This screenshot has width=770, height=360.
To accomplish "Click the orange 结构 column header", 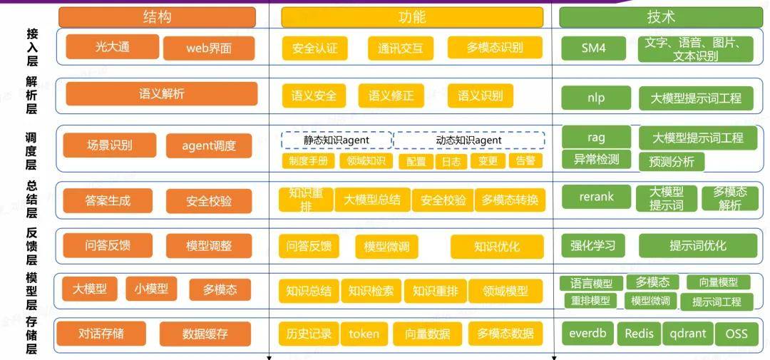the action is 157,17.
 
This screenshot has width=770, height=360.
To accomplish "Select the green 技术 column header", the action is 661,17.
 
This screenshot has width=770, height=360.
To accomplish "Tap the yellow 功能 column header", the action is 412,17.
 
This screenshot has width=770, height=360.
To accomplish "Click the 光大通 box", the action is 113,46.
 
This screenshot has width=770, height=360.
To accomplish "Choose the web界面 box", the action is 209,48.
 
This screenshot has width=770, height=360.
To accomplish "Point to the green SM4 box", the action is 594,48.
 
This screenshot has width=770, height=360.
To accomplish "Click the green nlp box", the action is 596,98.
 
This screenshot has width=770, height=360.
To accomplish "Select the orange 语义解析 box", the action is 162,94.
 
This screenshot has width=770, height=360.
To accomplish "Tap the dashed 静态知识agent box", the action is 337,140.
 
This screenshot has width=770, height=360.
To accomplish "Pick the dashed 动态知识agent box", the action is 469,140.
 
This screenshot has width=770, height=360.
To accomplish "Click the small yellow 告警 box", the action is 525,161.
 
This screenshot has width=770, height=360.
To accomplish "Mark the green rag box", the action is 596,137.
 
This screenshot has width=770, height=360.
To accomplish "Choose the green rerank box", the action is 596,197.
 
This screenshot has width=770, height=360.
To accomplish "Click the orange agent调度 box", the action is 209,146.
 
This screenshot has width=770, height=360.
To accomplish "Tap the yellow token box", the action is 364,334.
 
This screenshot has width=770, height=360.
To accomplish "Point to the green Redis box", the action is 640,334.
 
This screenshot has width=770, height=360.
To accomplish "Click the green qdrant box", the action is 687,334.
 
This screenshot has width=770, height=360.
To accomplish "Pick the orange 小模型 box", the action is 150,288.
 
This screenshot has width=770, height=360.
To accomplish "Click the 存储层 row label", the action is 31,336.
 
